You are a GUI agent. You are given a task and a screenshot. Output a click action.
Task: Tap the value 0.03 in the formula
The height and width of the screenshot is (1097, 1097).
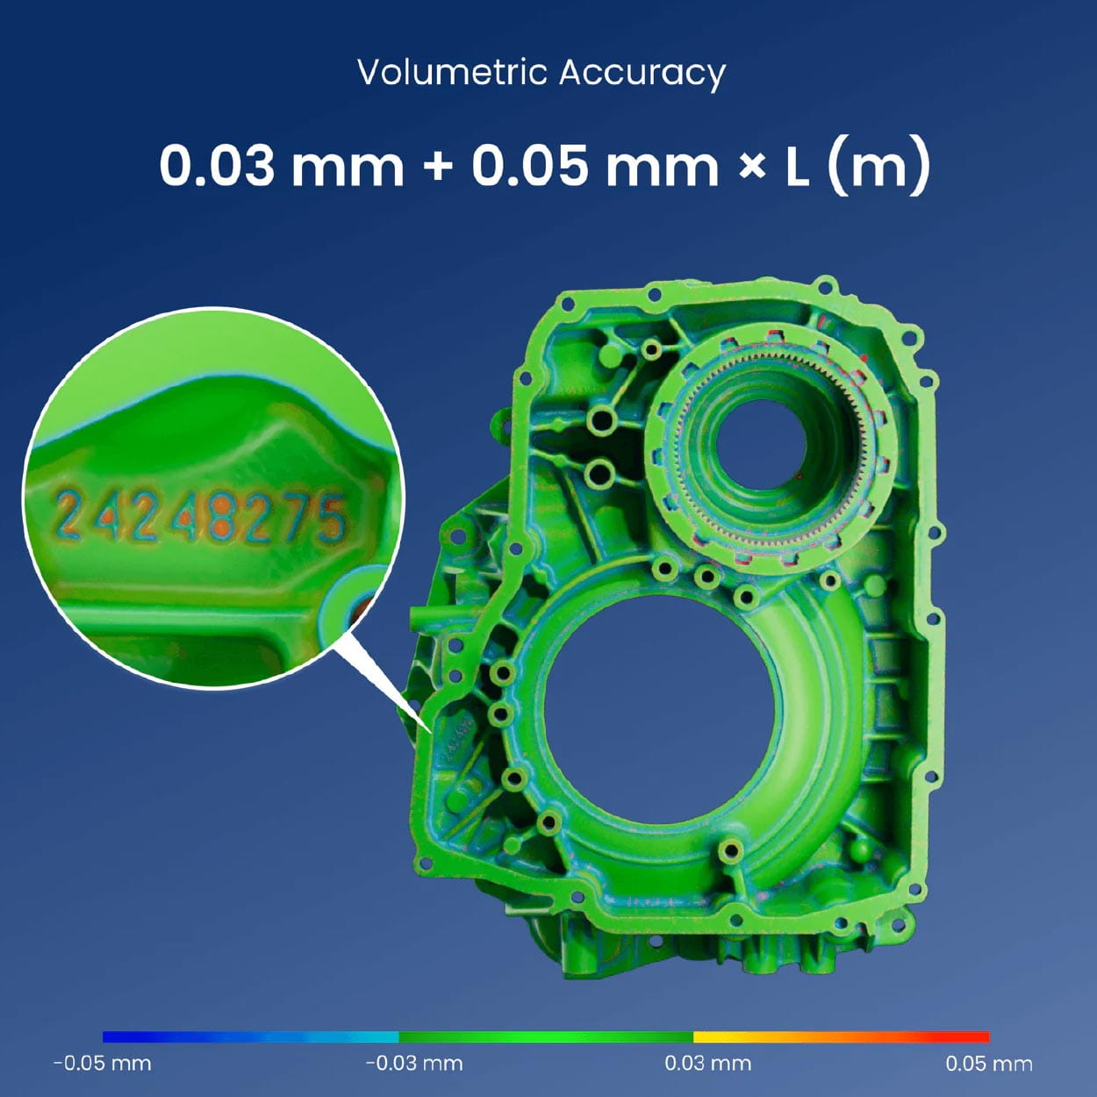[217, 166]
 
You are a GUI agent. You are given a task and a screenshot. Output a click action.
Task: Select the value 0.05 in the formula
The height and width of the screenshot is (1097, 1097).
[529, 166]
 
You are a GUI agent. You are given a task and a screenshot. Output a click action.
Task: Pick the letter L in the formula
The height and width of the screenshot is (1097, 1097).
[798, 167]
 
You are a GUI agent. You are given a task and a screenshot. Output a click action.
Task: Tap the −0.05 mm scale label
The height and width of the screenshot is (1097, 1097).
[103, 1063]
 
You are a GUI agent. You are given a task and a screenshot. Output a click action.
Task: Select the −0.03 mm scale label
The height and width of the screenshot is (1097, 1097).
[414, 1063]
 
